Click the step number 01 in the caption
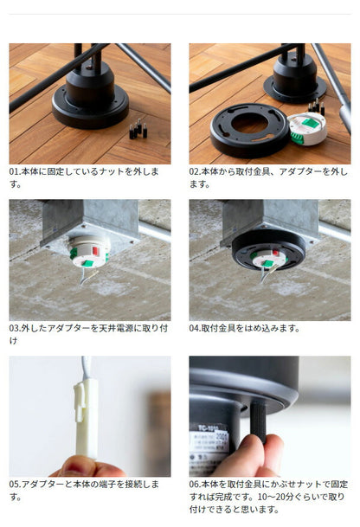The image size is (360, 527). [15, 172]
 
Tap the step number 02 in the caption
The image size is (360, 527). [196, 172]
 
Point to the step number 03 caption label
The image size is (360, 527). [15, 329]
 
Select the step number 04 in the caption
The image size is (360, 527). [196, 329]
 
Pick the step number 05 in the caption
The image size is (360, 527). [15, 485]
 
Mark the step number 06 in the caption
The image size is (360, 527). [196, 485]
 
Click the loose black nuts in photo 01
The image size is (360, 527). [135, 131]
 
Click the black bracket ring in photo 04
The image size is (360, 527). [268, 251]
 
